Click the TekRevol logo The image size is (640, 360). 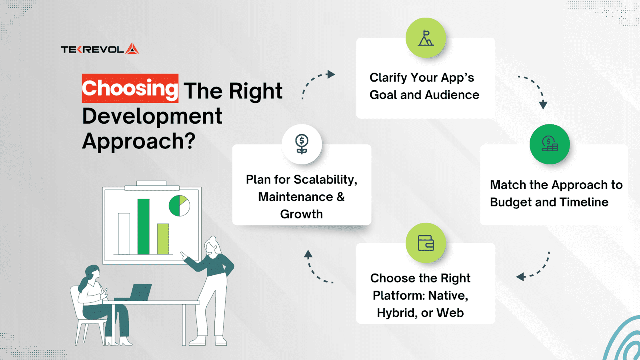(x=100, y=49)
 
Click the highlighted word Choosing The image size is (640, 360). (x=130, y=88)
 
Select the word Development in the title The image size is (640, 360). (x=152, y=116)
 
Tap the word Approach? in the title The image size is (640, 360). (x=139, y=141)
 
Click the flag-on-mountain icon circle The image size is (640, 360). (x=426, y=38)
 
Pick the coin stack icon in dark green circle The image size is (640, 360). (x=550, y=144)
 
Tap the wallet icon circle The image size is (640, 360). (x=426, y=243)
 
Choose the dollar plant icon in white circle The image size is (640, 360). (x=302, y=144)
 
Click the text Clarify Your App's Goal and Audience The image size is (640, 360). (x=424, y=86)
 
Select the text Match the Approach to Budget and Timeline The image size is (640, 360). (x=556, y=194)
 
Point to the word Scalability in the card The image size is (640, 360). (x=326, y=180)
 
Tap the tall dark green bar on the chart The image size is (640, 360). (x=144, y=226)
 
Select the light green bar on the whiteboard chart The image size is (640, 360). (x=163, y=239)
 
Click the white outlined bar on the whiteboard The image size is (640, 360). (x=124, y=234)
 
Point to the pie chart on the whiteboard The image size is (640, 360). (x=179, y=206)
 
